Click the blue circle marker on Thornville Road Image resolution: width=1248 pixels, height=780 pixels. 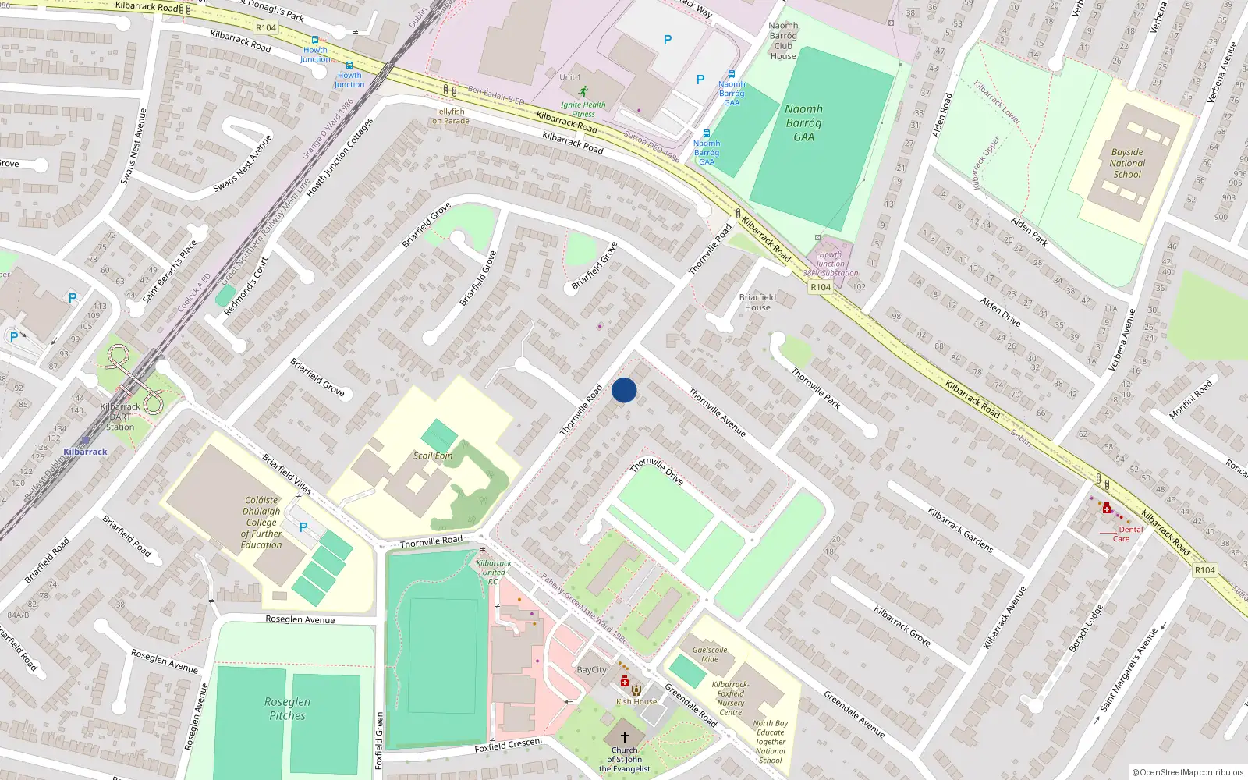point(624,390)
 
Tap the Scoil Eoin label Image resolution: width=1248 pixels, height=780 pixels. point(433,456)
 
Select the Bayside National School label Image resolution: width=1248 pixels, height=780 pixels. point(1127,164)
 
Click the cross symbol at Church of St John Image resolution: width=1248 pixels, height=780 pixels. point(625,736)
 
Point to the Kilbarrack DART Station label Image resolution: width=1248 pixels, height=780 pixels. point(120,417)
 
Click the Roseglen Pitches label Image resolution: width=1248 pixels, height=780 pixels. point(287,708)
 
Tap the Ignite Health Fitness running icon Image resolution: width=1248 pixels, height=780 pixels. point(583,91)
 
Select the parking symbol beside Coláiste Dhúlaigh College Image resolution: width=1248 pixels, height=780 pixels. point(303,527)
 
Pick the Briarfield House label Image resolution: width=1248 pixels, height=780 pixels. point(757,302)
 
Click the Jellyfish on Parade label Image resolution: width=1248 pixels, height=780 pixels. point(451,116)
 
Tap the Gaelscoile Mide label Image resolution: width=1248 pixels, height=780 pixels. point(710,654)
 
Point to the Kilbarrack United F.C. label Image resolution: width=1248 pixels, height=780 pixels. point(493,572)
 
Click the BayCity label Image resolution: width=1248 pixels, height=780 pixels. point(591,670)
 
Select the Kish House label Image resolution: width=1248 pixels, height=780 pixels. point(636,701)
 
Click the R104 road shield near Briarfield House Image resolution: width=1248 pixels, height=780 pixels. point(821,287)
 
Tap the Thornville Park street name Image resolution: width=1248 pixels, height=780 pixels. point(816,388)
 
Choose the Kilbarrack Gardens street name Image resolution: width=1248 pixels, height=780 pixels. point(960,530)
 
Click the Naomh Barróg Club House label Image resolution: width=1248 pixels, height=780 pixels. point(783,41)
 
